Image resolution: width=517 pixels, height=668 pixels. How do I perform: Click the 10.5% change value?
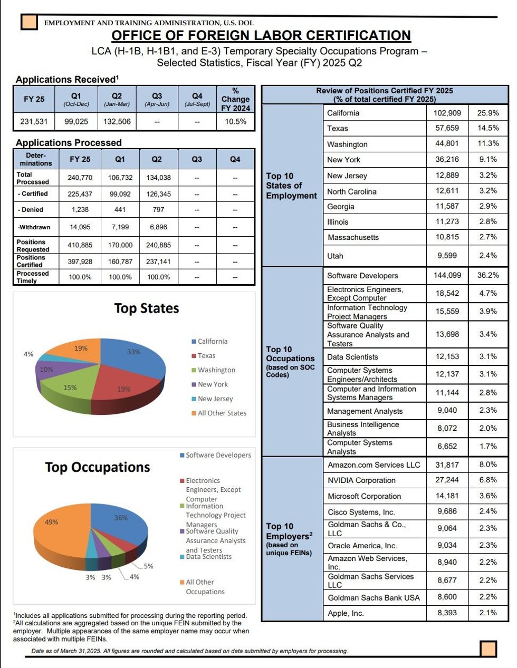click(235, 121)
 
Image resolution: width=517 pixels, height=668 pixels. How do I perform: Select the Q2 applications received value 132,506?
click(117, 121)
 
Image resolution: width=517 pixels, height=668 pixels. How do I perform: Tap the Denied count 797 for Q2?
click(158, 210)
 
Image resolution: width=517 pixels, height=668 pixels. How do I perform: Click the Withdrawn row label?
click(34, 227)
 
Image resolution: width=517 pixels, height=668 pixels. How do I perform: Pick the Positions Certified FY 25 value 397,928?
click(80, 262)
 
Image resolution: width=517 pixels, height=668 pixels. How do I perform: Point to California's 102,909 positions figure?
click(447, 113)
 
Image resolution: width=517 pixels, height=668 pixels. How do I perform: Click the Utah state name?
click(335, 256)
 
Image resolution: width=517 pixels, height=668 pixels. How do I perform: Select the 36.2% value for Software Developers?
click(488, 275)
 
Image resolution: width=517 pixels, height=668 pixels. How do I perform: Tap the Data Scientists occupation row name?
click(352, 357)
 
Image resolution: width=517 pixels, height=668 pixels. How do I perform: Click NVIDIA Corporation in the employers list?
click(361, 480)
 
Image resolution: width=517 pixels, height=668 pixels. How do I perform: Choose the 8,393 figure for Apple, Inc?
click(447, 612)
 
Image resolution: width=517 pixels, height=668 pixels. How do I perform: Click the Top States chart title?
click(147, 308)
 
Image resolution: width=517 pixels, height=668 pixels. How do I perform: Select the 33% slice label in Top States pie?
click(133, 352)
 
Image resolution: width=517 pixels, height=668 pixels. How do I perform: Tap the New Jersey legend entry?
click(212, 399)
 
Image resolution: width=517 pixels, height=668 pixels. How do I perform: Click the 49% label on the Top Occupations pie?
click(51, 522)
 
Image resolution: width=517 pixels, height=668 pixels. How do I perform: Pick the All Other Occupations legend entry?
click(203, 587)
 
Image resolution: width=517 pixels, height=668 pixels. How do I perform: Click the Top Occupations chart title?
click(98, 467)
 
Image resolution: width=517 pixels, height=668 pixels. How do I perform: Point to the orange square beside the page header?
click(29, 22)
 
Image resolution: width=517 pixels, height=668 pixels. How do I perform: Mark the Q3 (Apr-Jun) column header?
click(157, 100)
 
